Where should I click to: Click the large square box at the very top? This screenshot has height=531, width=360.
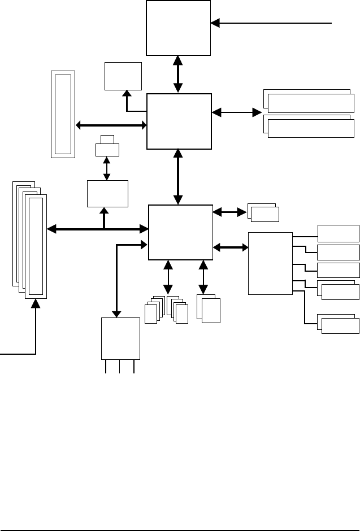pos(178,28)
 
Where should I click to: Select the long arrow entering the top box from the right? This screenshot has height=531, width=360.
pos(271,23)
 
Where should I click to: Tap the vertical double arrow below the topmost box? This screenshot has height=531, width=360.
pos(178,74)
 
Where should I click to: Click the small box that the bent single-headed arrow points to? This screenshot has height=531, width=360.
pos(123,75)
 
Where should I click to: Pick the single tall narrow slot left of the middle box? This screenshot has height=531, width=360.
pos(62,114)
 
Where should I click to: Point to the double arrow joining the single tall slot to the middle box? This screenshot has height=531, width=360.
pos(111,125)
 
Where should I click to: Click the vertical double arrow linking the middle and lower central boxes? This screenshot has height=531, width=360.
pos(179,177)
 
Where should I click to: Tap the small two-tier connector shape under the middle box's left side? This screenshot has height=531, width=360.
pos(107,147)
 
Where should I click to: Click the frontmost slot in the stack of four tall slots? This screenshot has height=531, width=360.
pos(37,246)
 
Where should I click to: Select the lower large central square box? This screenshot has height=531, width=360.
pos(180,232)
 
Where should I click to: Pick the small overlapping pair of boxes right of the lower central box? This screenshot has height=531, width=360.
pos(263,213)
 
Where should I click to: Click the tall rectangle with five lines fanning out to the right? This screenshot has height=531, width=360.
pos(270,263)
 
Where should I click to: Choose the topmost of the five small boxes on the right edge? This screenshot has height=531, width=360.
pos(338,233)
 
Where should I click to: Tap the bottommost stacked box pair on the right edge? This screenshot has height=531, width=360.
pos(339,324)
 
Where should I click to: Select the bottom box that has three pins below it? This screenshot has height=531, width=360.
pos(120,338)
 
